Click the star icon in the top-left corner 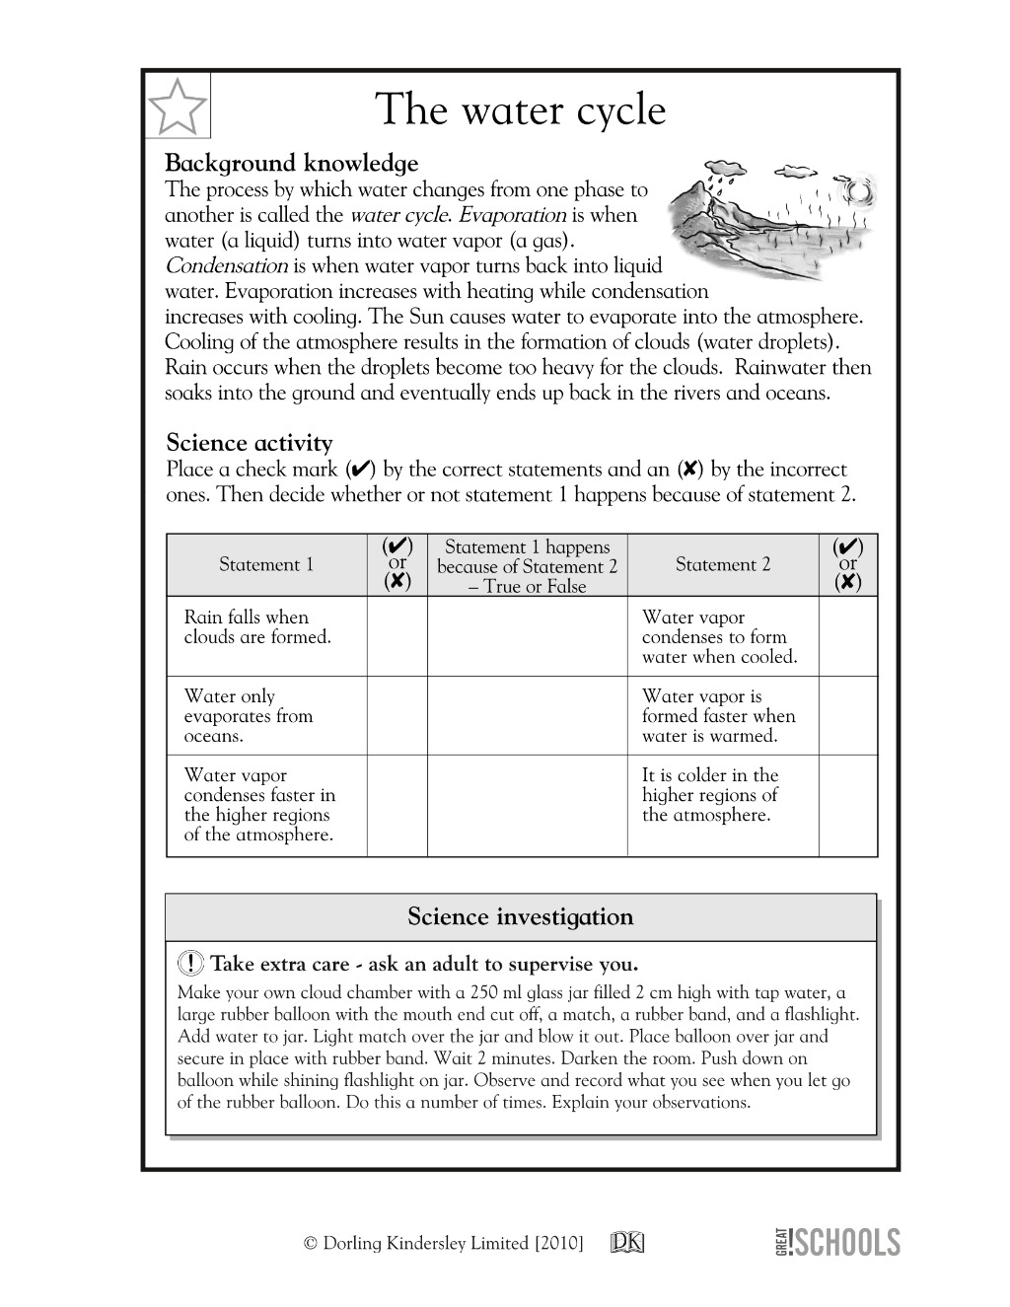pyautogui.click(x=179, y=107)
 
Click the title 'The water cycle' pyautogui.click(x=520, y=109)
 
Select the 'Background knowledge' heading pyautogui.click(x=291, y=163)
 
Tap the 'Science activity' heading pyautogui.click(x=249, y=442)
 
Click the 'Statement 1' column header pyautogui.click(x=265, y=564)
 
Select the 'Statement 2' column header pyautogui.click(x=722, y=564)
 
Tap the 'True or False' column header pyautogui.click(x=527, y=566)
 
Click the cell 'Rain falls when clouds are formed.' pyautogui.click(x=258, y=627)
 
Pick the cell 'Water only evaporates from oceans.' pyautogui.click(x=249, y=716)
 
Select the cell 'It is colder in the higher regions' pyautogui.click(x=709, y=795)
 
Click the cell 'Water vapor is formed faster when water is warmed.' pyautogui.click(x=718, y=716)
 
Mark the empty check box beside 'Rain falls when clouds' pyautogui.click(x=397, y=636)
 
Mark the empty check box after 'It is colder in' pyautogui.click(x=847, y=805)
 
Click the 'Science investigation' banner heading pyautogui.click(x=520, y=917)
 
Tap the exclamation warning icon pyautogui.click(x=191, y=964)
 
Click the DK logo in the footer pyautogui.click(x=627, y=1243)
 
